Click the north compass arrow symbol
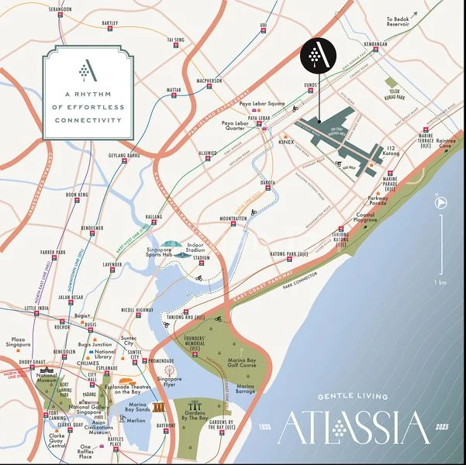[439, 202]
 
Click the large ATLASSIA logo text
[353, 428]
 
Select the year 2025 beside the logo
[442, 427]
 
